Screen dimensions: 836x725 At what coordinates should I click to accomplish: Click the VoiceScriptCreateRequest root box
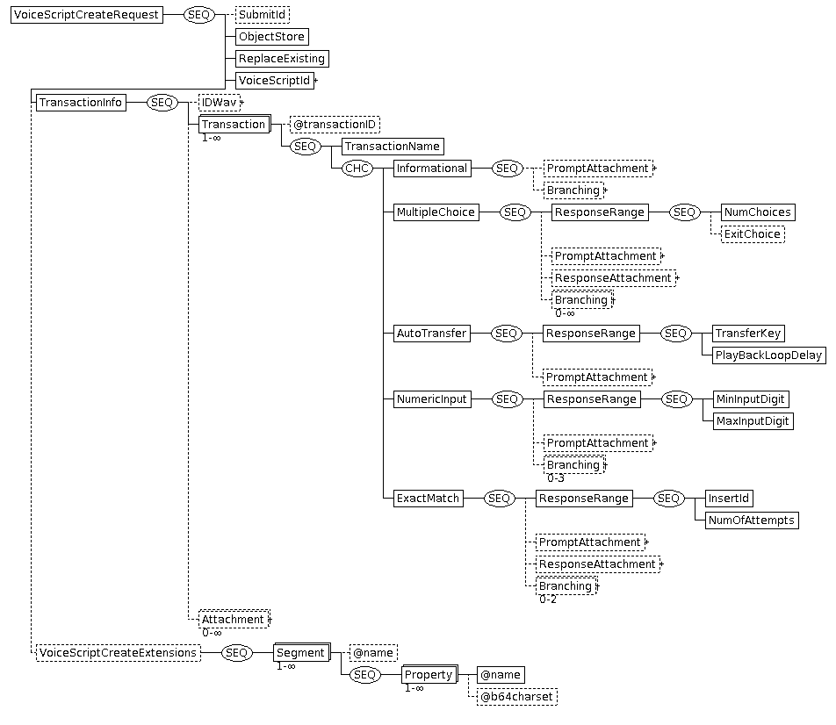(x=87, y=15)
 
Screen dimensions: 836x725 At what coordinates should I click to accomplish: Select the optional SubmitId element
(x=263, y=15)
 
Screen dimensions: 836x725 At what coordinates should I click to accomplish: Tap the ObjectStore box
(x=272, y=37)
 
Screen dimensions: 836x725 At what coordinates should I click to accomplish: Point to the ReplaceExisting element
(x=282, y=59)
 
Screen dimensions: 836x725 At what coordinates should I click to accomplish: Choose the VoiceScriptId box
(x=275, y=81)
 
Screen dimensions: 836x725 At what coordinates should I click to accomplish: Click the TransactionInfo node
(x=81, y=103)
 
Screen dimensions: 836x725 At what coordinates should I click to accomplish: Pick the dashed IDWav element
(x=220, y=103)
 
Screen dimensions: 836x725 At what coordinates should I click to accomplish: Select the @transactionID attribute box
(x=335, y=125)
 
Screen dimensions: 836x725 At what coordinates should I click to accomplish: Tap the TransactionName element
(x=393, y=147)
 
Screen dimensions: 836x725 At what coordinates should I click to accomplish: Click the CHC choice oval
(x=357, y=169)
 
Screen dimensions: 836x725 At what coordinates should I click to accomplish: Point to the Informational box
(x=432, y=169)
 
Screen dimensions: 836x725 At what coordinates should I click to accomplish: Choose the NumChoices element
(x=758, y=212)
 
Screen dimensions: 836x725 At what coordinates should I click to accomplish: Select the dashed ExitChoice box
(x=753, y=234)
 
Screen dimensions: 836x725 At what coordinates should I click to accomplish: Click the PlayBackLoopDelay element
(x=769, y=355)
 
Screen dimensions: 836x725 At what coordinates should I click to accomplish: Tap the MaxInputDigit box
(x=753, y=421)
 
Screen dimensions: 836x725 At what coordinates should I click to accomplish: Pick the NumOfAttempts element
(x=752, y=520)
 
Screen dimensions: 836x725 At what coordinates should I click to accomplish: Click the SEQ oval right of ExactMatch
(x=499, y=499)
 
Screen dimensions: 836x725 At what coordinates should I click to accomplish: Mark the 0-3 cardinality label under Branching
(x=556, y=478)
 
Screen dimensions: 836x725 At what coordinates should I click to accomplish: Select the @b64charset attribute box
(x=517, y=697)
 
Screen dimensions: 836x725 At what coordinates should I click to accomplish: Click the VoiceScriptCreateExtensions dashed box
(x=119, y=653)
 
